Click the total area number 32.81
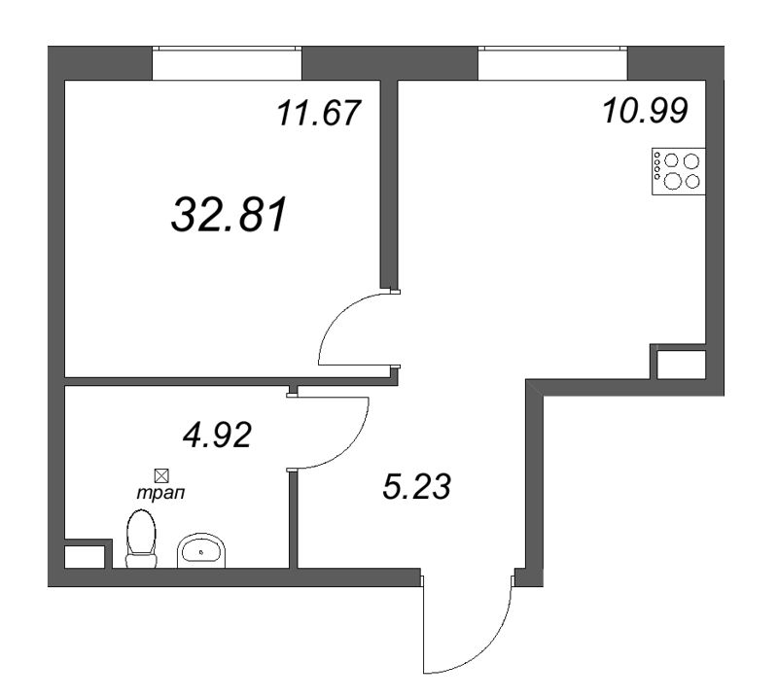click(x=230, y=216)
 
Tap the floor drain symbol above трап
click(x=161, y=475)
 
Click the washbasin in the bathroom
click(x=201, y=550)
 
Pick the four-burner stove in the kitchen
click(x=677, y=171)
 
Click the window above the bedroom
click(x=227, y=63)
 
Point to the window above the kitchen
click(x=552, y=63)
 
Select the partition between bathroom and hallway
click(x=293, y=520)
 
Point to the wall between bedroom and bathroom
click(x=175, y=381)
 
